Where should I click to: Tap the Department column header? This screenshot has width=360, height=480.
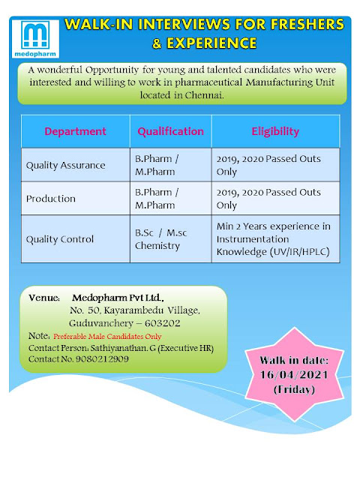tap(75, 131)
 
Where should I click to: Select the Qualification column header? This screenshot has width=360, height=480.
tap(170, 131)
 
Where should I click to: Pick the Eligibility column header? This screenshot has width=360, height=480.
tap(274, 131)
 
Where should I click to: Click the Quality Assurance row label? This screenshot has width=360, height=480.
tap(66, 165)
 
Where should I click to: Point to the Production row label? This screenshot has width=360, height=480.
tap(51, 199)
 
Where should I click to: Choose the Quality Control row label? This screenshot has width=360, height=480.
tap(60, 239)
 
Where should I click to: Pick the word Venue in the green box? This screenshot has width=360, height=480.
tap(43, 298)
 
